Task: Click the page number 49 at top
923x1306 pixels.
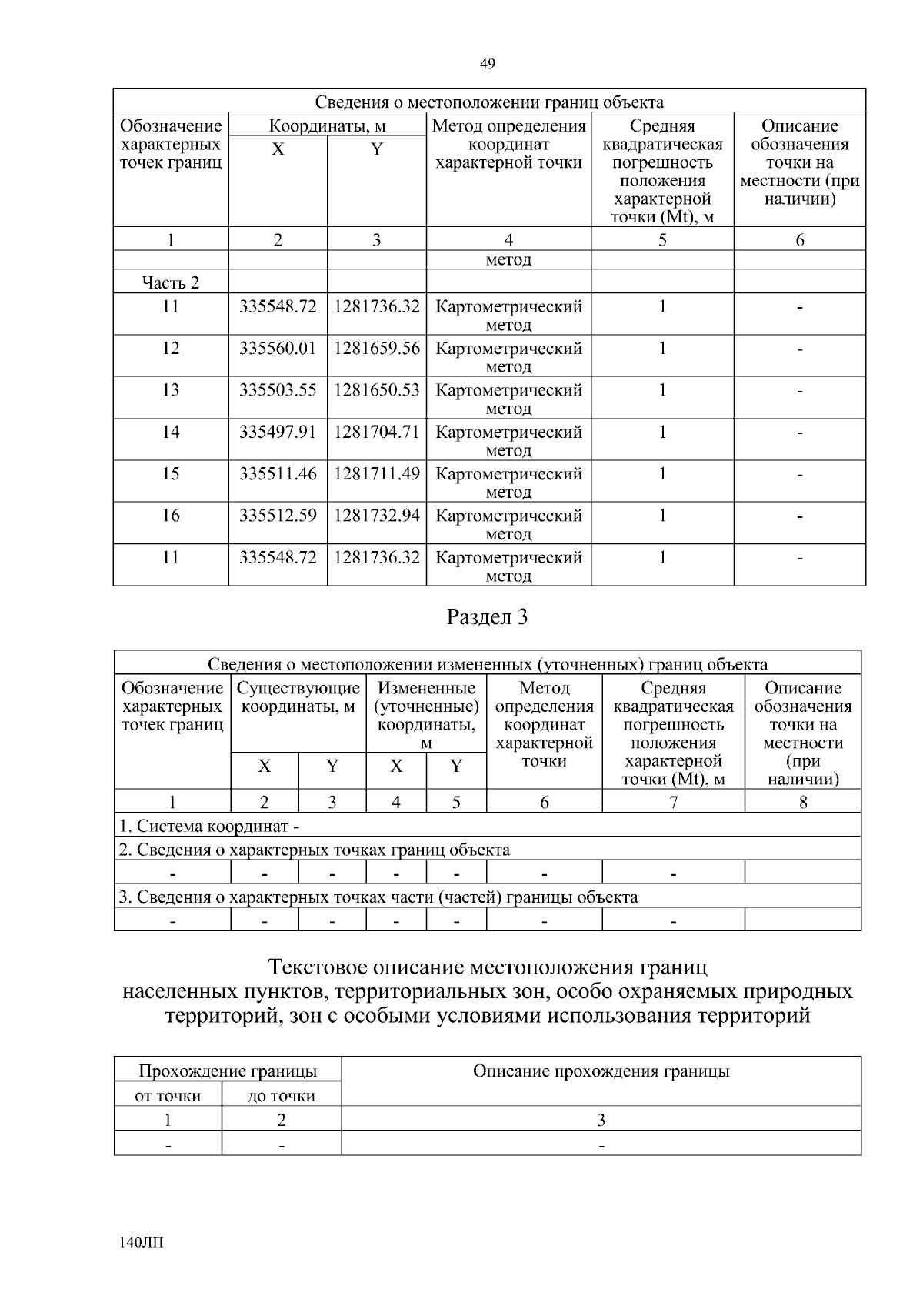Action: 487,64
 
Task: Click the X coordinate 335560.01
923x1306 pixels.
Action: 278,349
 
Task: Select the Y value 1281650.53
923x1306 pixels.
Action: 377,390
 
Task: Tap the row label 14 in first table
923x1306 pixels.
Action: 171,432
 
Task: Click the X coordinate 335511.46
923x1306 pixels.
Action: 278,473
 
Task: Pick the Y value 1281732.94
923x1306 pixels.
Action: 377,515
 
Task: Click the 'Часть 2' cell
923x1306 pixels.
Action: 171,282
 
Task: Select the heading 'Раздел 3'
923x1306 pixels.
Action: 488,617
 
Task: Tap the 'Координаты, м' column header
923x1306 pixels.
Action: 327,125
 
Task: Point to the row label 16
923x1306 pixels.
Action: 171,515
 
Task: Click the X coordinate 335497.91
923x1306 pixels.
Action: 278,432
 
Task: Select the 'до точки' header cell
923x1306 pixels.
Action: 282,1096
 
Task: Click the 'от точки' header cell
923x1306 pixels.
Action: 168,1096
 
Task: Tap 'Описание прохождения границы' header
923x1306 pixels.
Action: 601,1071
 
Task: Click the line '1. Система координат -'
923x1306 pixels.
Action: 209,827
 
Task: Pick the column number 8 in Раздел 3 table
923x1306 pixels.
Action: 803,802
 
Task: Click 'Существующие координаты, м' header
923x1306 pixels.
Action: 298,697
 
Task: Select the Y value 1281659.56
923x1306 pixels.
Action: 377,349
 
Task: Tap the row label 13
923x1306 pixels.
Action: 171,390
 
